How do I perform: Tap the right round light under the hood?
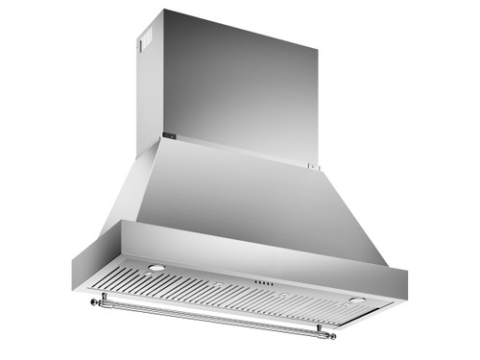[357, 300]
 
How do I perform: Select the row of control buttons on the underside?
[266, 283]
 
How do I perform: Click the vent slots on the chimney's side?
[147, 43]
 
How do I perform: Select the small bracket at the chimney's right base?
[312, 165]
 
